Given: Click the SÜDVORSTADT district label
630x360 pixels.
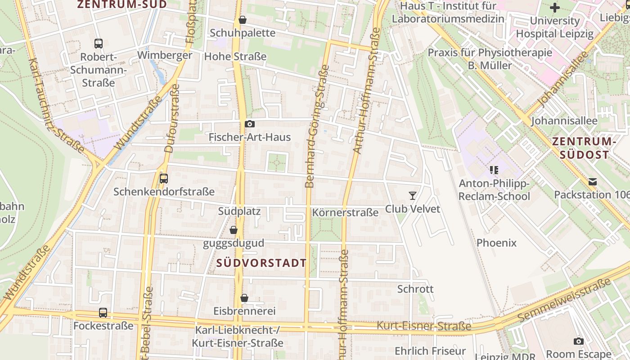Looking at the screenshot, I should (x=261, y=263).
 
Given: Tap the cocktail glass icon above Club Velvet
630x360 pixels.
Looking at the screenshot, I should (x=412, y=195).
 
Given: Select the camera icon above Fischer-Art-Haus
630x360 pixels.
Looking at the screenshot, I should (x=250, y=124).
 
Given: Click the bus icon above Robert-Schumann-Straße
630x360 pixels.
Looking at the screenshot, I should (x=99, y=44).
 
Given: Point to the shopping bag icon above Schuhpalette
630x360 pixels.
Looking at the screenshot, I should (x=243, y=20).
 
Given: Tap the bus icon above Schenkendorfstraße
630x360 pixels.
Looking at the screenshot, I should (x=164, y=178).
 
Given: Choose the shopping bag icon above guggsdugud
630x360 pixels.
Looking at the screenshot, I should (x=233, y=230).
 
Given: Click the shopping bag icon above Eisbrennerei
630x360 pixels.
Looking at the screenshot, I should (x=244, y=298).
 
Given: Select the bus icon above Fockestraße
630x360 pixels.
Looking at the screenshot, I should (x=103, y=312).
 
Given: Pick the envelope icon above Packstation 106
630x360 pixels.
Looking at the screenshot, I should (x=593, y=182).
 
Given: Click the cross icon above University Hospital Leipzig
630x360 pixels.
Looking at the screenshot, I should (x=555, y=8).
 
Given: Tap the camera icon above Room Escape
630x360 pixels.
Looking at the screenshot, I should (x=579, y=341).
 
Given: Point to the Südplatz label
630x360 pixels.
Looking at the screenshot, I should (x=239, y=211).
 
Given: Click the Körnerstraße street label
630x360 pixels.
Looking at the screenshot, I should (x=345, y=212).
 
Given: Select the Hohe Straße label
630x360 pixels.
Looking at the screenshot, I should (x=235, y=57).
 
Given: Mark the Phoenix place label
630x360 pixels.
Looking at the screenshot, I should (x=496, y=243).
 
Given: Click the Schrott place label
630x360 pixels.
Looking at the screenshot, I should (x=415, y=289).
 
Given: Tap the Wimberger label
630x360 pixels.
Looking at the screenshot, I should (x=165, y=55).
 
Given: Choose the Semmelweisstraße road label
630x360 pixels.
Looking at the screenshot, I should (x=565, y=300).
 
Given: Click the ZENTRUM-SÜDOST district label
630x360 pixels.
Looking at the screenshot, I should (x=584, y=148).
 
